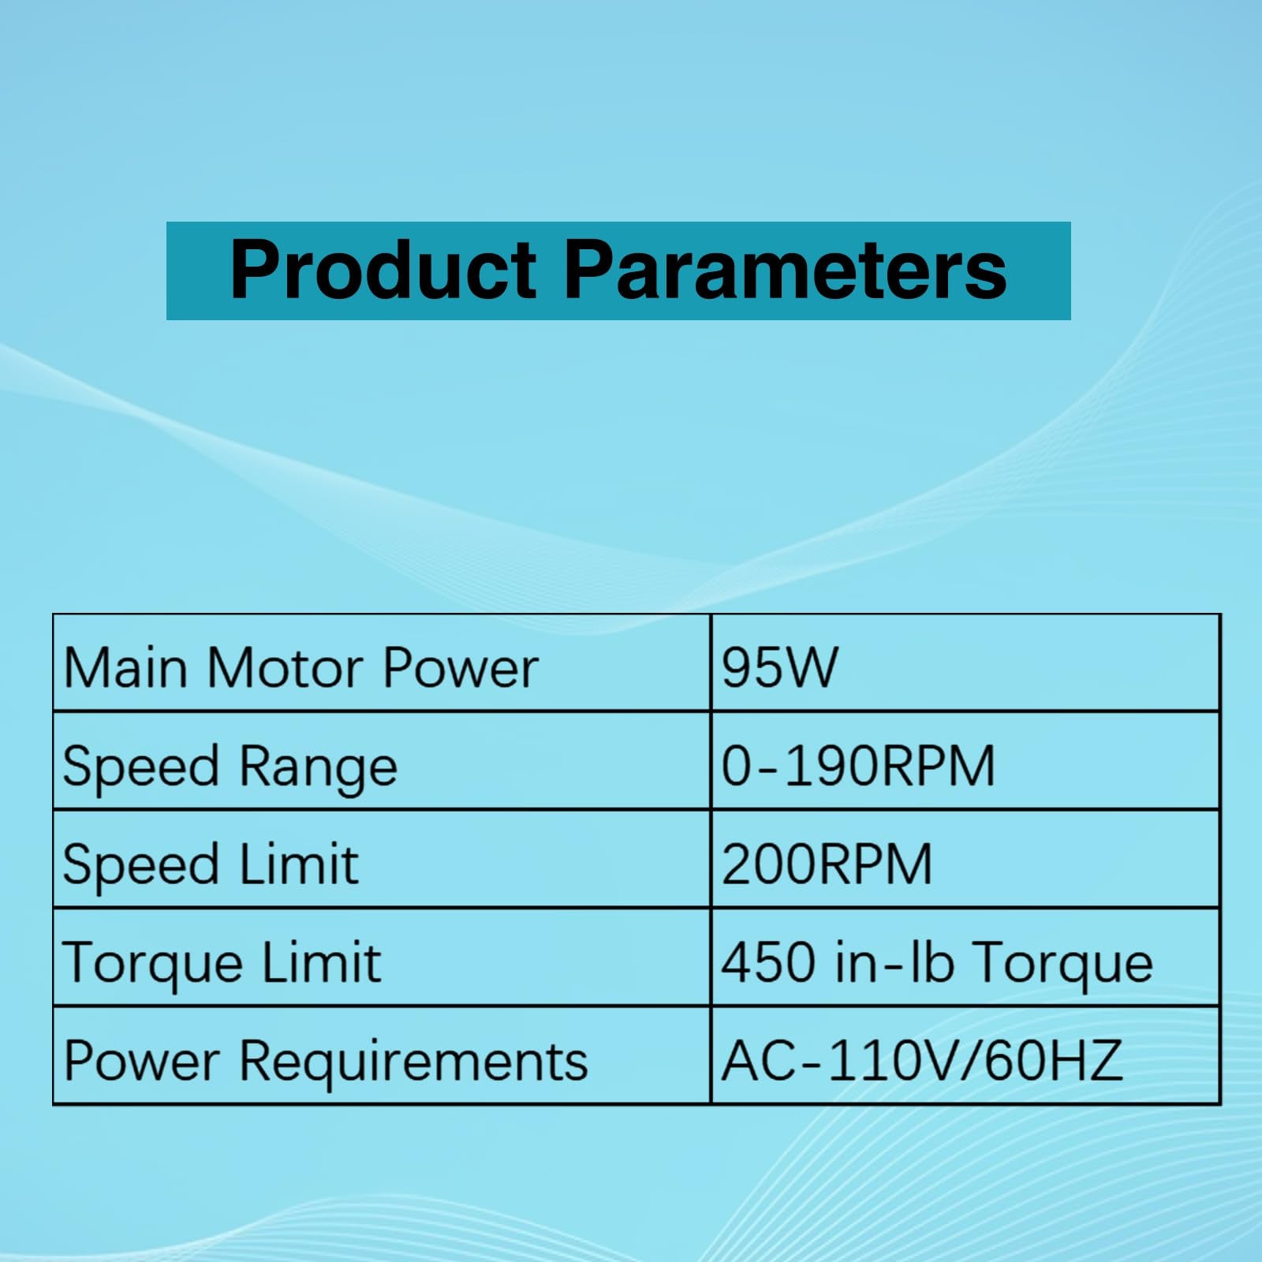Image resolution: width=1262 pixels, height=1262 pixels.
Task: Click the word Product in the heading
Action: pyautogui.click(x=383, y=270)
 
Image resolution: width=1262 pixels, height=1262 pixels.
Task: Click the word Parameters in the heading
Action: pyautogui.click(x=786, y=270)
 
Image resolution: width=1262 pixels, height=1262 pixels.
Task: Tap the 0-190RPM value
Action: pyautogui.click(x=858, y=766)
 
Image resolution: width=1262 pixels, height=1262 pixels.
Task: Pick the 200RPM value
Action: pyautogui.click(x=827, y=864)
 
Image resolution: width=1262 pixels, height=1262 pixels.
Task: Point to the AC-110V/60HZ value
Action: pyautogui.click(x=921, y=1060)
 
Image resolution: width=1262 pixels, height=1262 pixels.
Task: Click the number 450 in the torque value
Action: pyautogui.click(x=768, y=962)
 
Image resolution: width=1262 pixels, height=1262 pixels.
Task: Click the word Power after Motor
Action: pyautogui.click(x=461, y=668)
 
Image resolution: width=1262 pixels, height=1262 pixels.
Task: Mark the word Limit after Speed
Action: pyautogui.click(x=298, y=864)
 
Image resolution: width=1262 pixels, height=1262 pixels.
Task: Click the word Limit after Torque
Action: pyautogui.click(x=321, y=962)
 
